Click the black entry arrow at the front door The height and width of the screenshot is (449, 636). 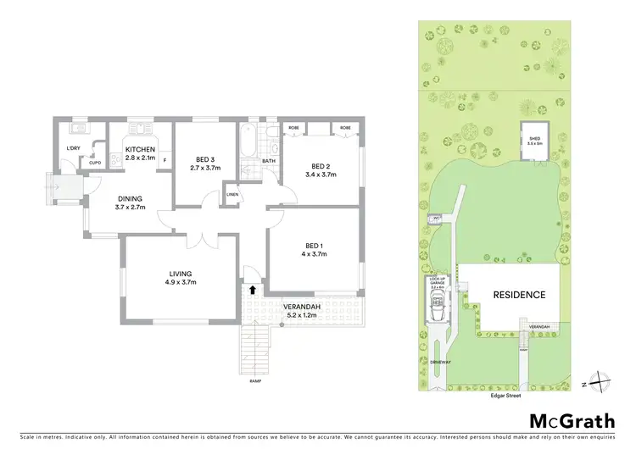251,290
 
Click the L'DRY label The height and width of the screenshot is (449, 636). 73,149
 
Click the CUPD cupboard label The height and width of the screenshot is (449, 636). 95,163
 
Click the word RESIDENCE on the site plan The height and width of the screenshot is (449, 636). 519,295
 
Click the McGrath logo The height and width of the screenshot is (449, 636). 572,421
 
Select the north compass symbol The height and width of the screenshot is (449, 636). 601,383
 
